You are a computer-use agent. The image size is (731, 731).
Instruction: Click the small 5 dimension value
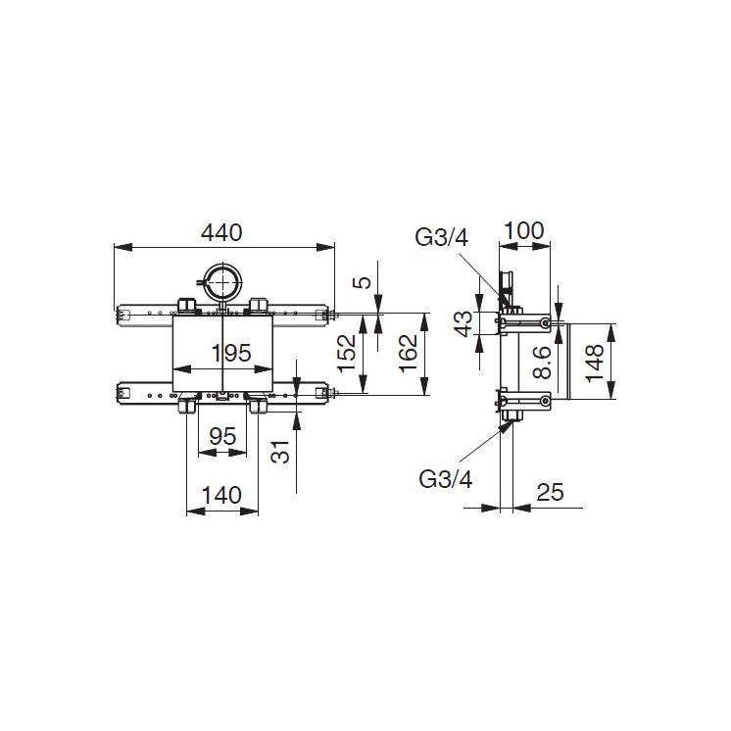[x=363, y=283]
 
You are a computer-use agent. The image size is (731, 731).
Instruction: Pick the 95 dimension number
[x=222, y=438]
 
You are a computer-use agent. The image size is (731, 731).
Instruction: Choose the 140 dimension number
[x=221, y=495]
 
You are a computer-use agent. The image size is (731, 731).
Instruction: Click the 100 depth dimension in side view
[x=524, y=230]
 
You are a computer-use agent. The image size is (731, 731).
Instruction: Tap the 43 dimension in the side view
[x=464, y=323]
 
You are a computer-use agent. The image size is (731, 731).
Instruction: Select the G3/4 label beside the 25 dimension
[x=446, y=479]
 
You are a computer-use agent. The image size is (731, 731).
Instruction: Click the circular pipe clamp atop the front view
[x=223, y=284]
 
